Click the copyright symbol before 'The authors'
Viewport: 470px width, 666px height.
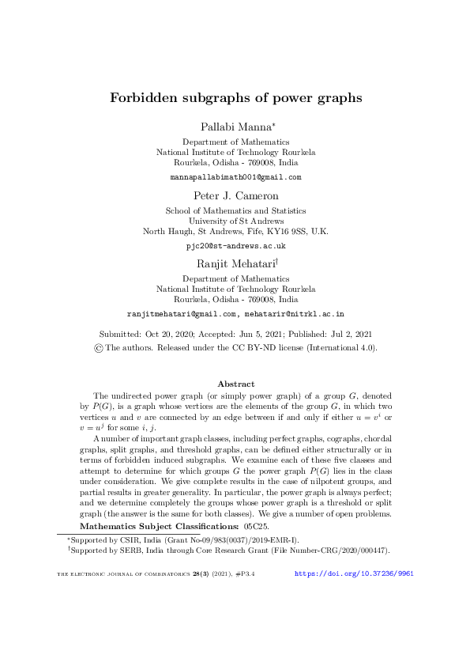pyautogui.click(x=98, y=346)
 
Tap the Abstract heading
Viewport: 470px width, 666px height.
pyautogui.click(x=235, y=384)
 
